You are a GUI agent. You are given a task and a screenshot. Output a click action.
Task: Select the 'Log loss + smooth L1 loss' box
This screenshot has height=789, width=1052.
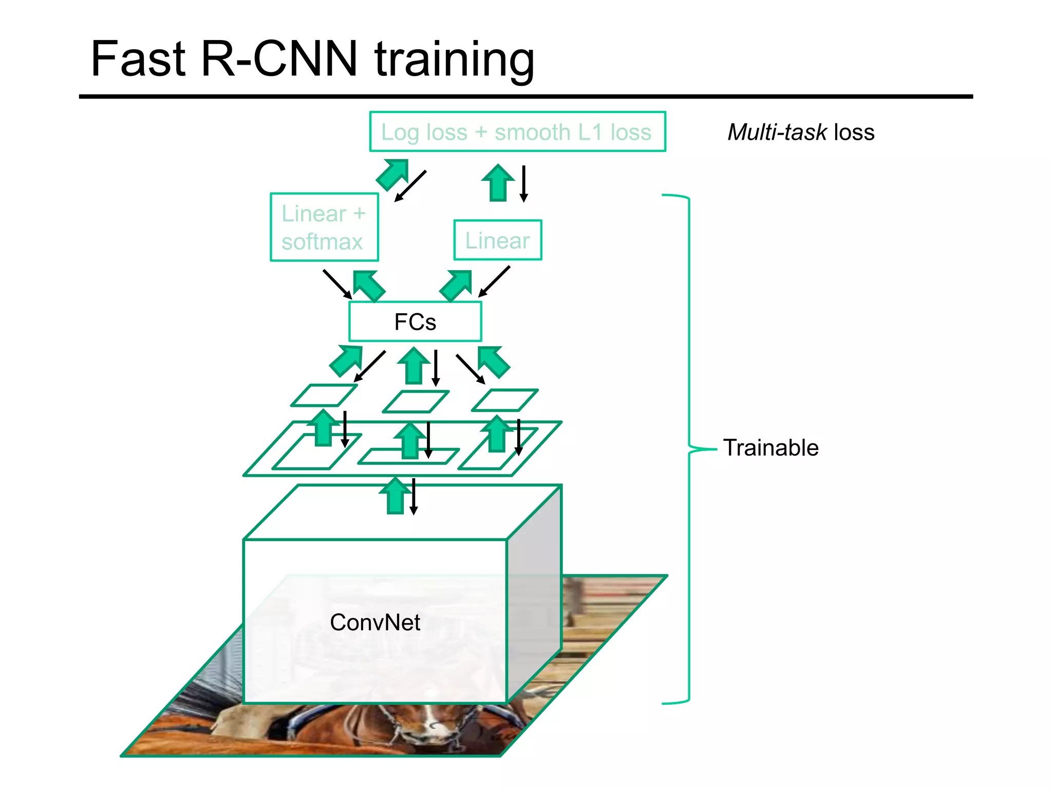pyautogui.click(x=517, y=132)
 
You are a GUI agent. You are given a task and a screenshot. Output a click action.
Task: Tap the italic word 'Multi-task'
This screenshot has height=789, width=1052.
pyautogui.click(x=777, y=133)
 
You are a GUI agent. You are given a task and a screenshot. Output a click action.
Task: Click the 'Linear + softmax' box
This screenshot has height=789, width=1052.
pyautogui.click(x=324, y=227)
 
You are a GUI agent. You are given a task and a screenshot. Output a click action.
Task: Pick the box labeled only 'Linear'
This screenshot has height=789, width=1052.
pyautogui.click(x=497, y=240)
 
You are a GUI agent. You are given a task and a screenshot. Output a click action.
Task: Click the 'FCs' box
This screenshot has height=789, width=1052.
pyautogui.click(x=415, y=322)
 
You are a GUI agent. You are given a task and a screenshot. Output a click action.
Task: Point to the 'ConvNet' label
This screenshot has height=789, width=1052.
pyautogui.click(x=375, y=623)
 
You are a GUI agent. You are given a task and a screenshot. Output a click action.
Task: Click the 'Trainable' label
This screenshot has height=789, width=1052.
pyautogui.click(x=771, y=448)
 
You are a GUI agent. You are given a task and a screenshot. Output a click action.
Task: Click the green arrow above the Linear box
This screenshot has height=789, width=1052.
pyautogui.click(x=498, y=183)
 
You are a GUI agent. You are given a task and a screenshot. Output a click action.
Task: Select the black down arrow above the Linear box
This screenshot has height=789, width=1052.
pyautogui.click(x=523, y=183)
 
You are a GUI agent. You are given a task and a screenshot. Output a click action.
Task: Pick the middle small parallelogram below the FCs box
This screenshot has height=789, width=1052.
pyautogui.click(x=416, y=402)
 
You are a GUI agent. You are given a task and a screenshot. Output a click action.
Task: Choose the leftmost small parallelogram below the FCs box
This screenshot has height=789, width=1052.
pyautogui.click(x=324, y=396)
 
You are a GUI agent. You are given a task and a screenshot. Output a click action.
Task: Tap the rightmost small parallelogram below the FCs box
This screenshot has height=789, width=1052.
pyautogui.click(x=504, y=400)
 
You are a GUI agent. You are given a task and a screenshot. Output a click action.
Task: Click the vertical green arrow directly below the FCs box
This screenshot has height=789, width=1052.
pyautogui.click(x=414, y=366)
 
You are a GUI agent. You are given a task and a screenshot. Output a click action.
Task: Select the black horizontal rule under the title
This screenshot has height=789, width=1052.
pyautogui.click(x=525, y=97)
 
